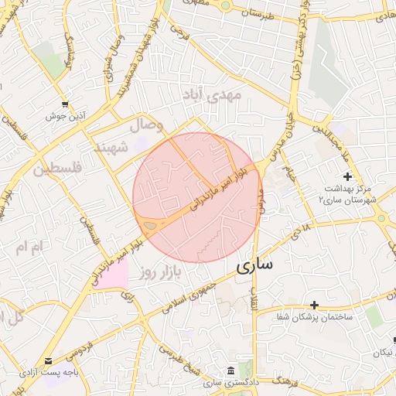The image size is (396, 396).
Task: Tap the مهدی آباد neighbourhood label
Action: coord(212,95)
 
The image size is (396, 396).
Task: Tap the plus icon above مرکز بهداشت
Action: coord(347,176)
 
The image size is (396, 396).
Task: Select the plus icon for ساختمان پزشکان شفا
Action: coord(314,306)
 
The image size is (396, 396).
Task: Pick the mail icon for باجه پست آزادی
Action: coord(49,361)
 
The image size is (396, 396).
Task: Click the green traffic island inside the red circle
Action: coord(150,225)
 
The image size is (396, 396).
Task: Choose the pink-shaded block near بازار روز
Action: coord(112,275)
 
